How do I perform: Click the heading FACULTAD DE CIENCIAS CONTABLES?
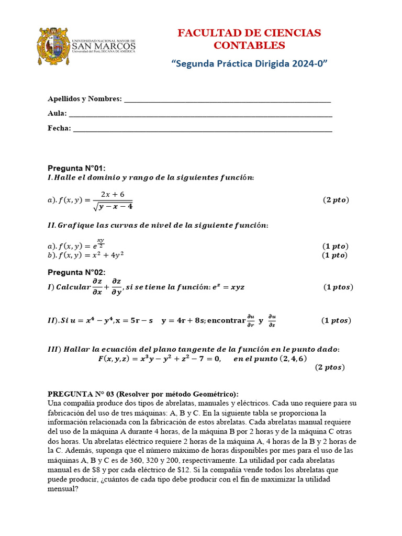coord(249,39)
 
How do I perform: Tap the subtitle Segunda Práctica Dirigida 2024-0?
coord(249,63)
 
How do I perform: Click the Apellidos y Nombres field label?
coord(84,99)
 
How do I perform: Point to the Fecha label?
coord(59,128)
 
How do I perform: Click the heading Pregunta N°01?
coord(76,168)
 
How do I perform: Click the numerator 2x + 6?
coord(113,194)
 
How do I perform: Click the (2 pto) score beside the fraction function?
coord(335,200)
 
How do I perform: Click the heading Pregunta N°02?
coord(76,272)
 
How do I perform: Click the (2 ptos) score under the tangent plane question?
coord(330,367)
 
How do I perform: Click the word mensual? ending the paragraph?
coord(63,489)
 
